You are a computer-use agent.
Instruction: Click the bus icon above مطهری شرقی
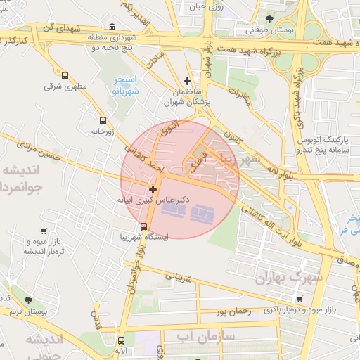tap(65, 75)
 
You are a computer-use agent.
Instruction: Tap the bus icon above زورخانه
tap(103, 120)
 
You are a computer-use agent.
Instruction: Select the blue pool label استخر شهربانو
tap(127, 86)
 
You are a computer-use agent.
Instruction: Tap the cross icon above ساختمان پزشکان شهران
tap(186, 81)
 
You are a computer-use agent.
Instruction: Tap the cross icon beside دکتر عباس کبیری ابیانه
tap(153, 188)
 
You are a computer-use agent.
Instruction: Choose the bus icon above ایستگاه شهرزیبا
tap(143, 226)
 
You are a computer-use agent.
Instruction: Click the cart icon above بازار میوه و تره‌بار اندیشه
tap(44, 231)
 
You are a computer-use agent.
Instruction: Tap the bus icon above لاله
tap(121, 340)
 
